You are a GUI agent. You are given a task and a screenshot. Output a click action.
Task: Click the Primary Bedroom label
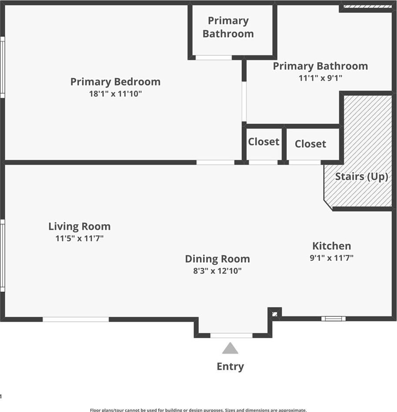[115, 82]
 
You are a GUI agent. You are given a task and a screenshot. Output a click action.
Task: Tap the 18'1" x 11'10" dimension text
[115, 94]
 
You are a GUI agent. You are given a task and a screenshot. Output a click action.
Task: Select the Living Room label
[79, 226]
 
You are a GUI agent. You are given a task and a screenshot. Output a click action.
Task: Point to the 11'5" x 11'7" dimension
[79, 238]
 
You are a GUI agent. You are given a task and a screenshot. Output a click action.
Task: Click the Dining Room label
[217, 259]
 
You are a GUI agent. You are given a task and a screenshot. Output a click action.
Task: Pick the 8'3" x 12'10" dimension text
[217, 271]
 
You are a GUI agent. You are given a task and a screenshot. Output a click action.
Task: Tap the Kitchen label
[331, 246]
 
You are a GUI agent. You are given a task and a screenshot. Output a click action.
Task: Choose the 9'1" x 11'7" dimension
[331, 258]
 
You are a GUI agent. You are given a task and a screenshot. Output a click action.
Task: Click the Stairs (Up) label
[362, 177]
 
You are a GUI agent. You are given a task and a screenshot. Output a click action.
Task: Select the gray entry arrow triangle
[230, 348]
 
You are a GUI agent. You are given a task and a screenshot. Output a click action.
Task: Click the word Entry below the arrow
[230, 367]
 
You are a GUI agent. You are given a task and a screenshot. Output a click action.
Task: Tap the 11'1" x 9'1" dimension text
[320, 78]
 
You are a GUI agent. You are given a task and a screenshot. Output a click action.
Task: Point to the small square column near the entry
[275, 314]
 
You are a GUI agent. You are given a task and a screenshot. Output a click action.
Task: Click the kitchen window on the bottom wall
[333, 319]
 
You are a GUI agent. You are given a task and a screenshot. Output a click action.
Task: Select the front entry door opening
[231, 336]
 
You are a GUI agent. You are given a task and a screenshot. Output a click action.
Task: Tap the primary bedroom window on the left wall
[2, 67]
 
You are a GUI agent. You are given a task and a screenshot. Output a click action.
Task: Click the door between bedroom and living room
[215, 163]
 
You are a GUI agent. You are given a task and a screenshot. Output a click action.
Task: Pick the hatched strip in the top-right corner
[368, 7]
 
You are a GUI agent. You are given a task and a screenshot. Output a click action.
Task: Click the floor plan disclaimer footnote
[198, 410]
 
